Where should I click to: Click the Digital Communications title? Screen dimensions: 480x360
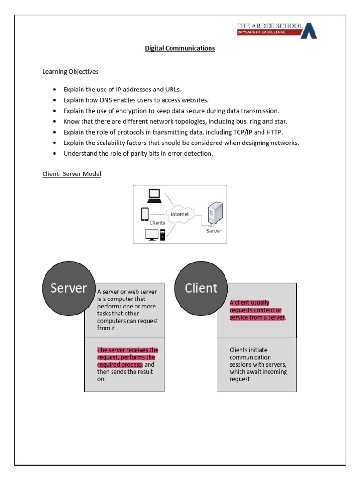[180, 48]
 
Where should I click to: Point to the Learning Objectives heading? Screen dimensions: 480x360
[70, 72]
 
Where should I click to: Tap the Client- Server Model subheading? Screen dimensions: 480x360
[72, 174]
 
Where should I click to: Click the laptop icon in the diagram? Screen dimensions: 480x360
[154, 195]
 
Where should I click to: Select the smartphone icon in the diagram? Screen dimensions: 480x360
[145, 214]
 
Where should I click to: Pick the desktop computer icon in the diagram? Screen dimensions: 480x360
[155, 234]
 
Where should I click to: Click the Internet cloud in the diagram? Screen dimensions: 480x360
[180, 214]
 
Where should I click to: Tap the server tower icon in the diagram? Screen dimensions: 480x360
[215, 213]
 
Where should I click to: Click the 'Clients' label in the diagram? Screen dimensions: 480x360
[157, 223]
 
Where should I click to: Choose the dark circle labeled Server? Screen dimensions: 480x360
[68, 288]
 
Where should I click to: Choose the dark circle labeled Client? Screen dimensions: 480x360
[201, 288]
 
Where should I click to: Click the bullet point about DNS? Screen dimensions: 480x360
[136, 100]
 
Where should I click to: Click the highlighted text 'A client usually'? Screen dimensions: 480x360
[249, 302]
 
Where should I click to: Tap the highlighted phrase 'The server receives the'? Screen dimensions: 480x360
[127, 350]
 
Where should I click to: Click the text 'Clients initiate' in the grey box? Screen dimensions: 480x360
[248, 350]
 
